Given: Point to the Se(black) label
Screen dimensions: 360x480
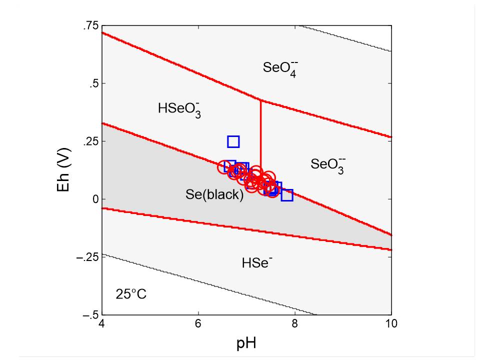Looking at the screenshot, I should [x=214, y=195].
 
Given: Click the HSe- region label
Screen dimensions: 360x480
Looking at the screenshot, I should [x=257, y=262].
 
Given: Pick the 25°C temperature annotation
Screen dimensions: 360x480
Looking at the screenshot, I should [x=131, y=294].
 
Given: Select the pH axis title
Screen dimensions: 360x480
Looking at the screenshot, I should [x=246, y=344].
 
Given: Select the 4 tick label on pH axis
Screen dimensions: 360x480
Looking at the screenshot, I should [x=102, y=324].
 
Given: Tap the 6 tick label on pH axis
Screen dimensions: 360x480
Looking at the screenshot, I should [x=198, y=324].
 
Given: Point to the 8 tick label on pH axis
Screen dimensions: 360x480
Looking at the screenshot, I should [x=295, y=324].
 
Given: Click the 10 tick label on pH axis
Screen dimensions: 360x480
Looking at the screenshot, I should [x=391, y=324].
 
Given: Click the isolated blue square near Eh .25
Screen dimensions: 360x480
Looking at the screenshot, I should [x=233, y=141].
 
